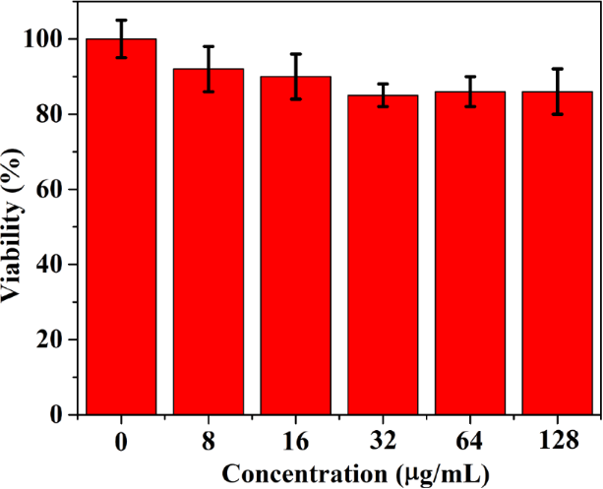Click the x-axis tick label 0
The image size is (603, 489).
pyautogui.click(x=121, y=440)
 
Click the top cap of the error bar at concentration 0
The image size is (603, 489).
pyautogui.click(x=121, y=21)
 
